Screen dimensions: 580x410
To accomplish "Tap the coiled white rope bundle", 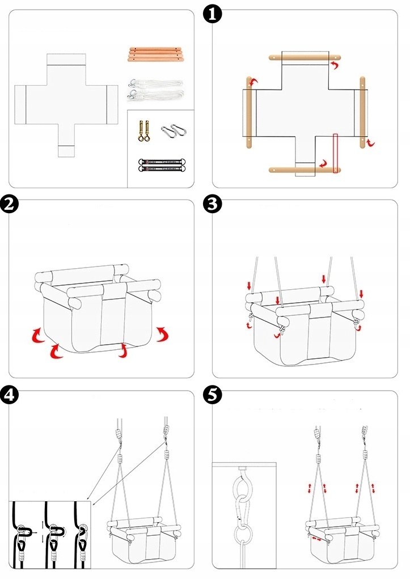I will pyautogui.click(x=155, y=90).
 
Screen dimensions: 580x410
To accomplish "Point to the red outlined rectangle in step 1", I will pyautogui.click(x=336, y=153).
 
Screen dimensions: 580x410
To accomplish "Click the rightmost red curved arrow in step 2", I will pyautogui.click(x=163, y=335).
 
